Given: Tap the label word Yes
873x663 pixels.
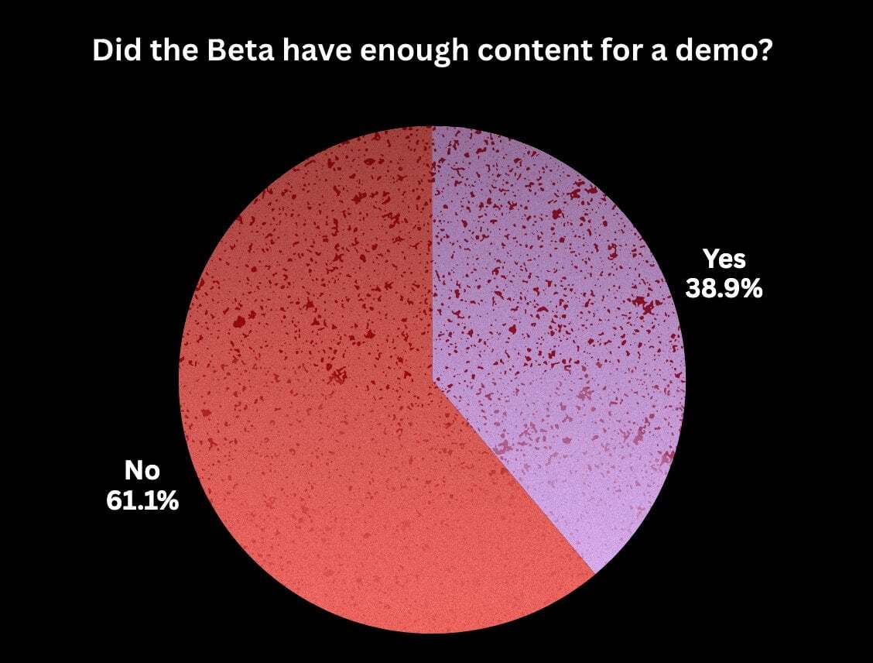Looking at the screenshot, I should [724, 259].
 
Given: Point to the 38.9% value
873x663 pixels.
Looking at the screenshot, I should [724, 289].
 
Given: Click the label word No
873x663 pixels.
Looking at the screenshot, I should [142, 471].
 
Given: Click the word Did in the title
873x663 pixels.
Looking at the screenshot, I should [112, 51].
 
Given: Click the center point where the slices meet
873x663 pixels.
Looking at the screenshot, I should [433, 380].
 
